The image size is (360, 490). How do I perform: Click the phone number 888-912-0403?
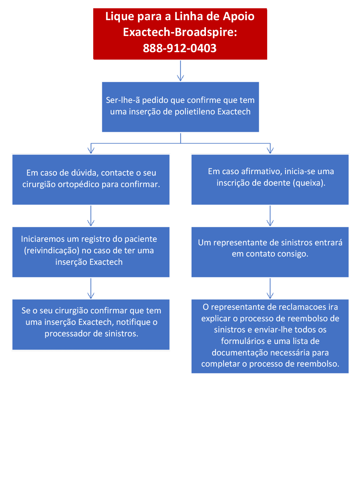180,48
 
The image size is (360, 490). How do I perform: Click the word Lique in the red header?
120,17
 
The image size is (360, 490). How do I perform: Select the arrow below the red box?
180,71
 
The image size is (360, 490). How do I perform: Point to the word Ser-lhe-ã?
123,100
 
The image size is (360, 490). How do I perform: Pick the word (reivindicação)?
51,251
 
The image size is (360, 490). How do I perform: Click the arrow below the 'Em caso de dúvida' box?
91,216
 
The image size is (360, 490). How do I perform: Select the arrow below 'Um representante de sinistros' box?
270,288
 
